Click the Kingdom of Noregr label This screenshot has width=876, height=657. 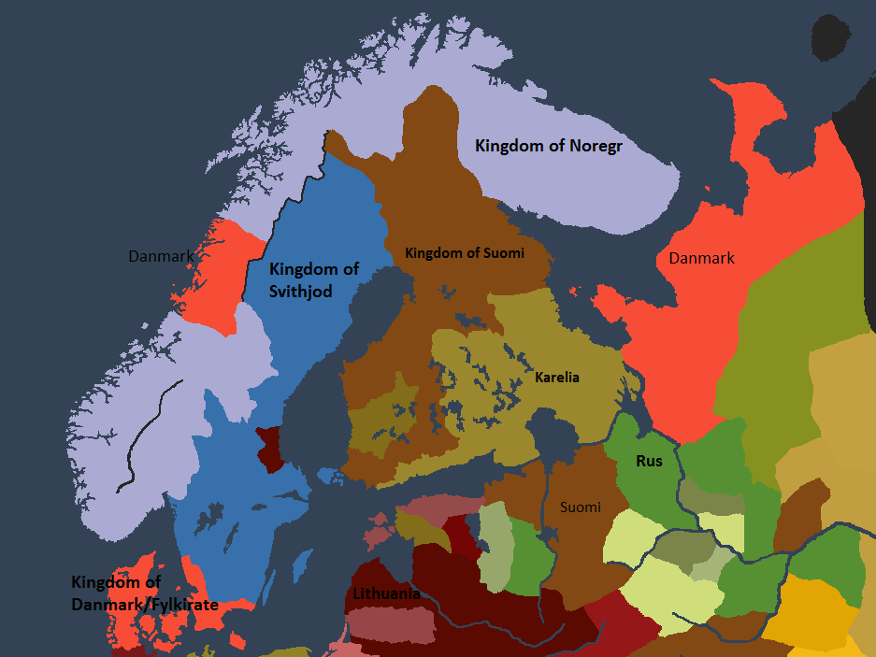[x=548, y=146]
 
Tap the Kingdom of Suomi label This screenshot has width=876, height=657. [x=464, y=253]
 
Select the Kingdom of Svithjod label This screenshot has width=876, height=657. [x=313, y=279]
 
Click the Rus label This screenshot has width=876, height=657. [x=648, y=461]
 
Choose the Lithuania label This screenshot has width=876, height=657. [x=386, y=593]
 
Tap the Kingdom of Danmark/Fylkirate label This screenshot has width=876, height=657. [x=144, y=593]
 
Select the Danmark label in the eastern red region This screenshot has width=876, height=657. [x=701, y=258]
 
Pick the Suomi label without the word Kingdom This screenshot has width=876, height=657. [x=581, y=507]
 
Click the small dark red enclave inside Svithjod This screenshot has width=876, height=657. [x=269, y=448]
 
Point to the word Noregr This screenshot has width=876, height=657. [x=591, y=146]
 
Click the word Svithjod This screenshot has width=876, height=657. [x=300, y=291]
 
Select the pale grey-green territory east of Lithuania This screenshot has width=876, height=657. [x=495, y=547]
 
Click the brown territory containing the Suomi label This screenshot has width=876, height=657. [x=580, y=542]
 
